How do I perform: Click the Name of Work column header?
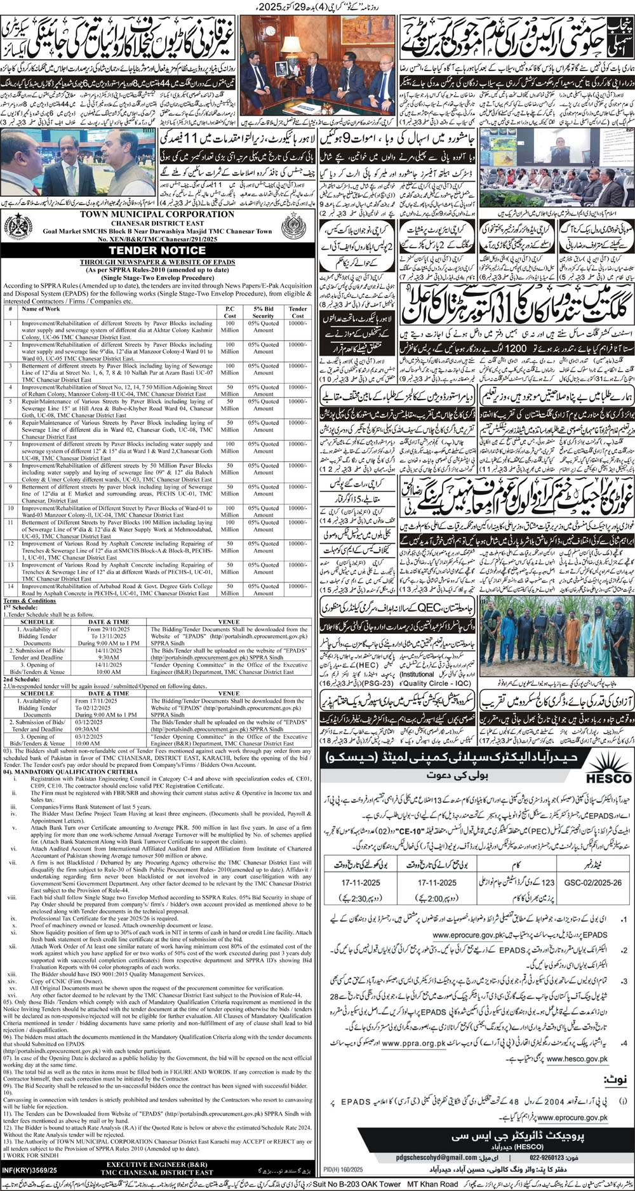click(41, 310)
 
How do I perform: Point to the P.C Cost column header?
click(231, 313)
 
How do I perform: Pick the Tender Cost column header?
click(298, 313)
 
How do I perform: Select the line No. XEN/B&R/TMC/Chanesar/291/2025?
click(158, 239)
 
